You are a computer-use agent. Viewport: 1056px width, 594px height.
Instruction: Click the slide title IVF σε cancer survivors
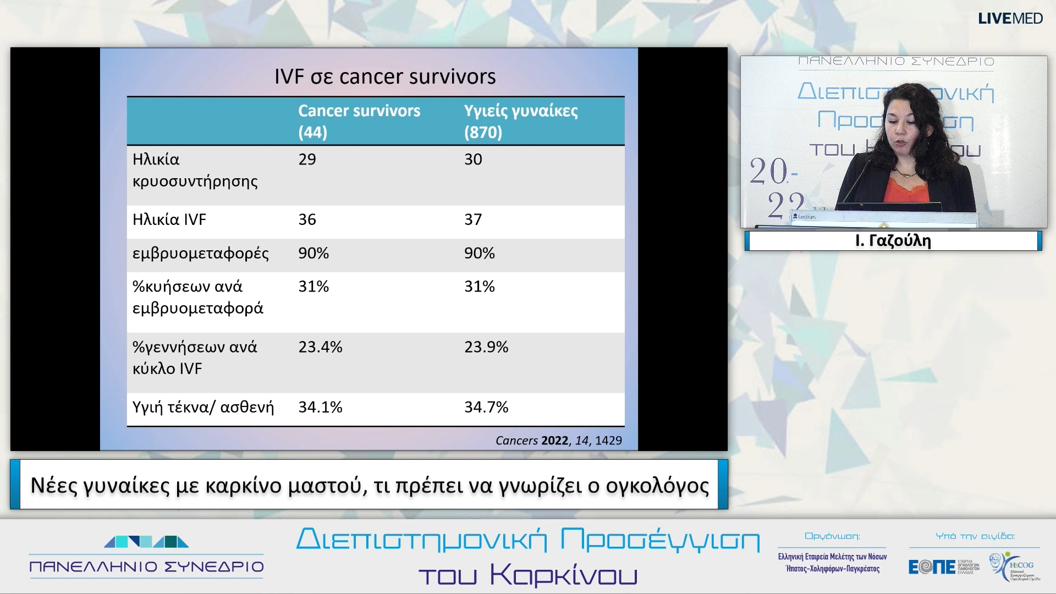coord(385,76)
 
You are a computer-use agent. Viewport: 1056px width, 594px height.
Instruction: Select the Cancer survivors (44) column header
coord(359,121)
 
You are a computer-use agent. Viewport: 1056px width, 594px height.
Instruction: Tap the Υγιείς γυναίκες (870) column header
coord(520,121)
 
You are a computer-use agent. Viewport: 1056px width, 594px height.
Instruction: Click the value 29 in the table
coord(307,159)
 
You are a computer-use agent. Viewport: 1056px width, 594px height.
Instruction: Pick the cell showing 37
coord(473,219)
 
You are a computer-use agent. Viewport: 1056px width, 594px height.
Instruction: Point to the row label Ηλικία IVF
coord(169,219)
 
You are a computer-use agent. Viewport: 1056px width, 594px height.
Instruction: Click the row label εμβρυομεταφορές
coord(201,253)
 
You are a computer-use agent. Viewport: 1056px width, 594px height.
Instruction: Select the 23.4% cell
coord(320,347)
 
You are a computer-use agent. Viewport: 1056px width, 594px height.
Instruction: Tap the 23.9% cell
coord(486,347)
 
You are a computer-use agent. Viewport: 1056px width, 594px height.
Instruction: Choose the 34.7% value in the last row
coord(486,407)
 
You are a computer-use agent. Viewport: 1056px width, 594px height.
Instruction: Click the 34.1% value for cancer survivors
coord(320,407)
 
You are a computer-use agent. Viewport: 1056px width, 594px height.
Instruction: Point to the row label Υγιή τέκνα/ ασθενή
coord(203,407)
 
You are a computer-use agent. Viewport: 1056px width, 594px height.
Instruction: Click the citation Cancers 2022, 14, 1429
coord(558,441)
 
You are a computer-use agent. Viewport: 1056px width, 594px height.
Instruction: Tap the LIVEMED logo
coord(1010,19)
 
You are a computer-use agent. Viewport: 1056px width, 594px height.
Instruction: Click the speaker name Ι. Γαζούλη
coord(893,241)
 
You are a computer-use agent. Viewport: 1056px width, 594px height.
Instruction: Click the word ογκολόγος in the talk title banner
coord(657,486)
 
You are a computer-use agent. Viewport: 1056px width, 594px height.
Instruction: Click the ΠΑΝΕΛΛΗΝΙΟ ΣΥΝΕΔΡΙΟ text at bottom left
coord(146,566)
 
